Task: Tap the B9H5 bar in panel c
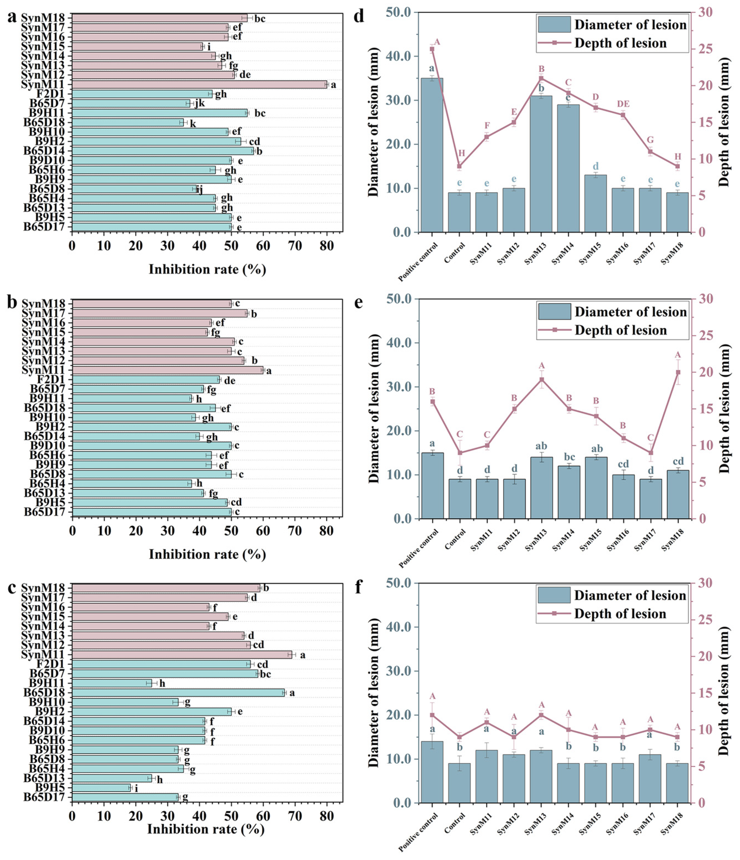(x=101, y=788)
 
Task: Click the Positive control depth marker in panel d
(x=432, y=49)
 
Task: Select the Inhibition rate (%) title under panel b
(x=207, y=554)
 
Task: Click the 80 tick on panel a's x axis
(x=327, y=246)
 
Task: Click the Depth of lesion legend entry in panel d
(x=620, y=43)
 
